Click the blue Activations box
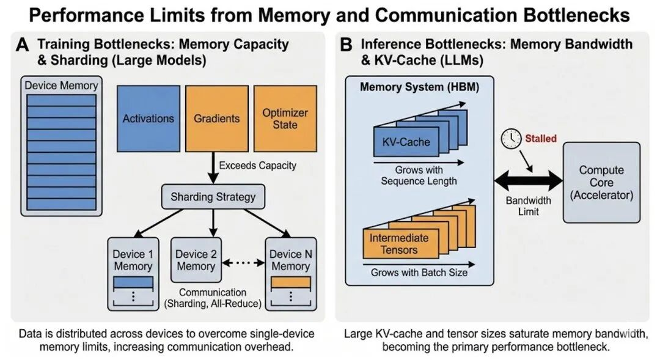click(148, 118)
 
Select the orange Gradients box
click(216, 118)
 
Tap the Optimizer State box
click(285, 118)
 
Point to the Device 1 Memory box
click(133, 273)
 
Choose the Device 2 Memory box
click(196, 260)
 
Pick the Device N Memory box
click(290, 273)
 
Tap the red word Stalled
click(541, 139)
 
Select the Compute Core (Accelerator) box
click(601, 182)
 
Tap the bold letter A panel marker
click(23, 45)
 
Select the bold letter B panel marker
click(346, 45)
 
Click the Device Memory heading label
click(61, 85)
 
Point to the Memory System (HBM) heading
click(419, 87)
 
